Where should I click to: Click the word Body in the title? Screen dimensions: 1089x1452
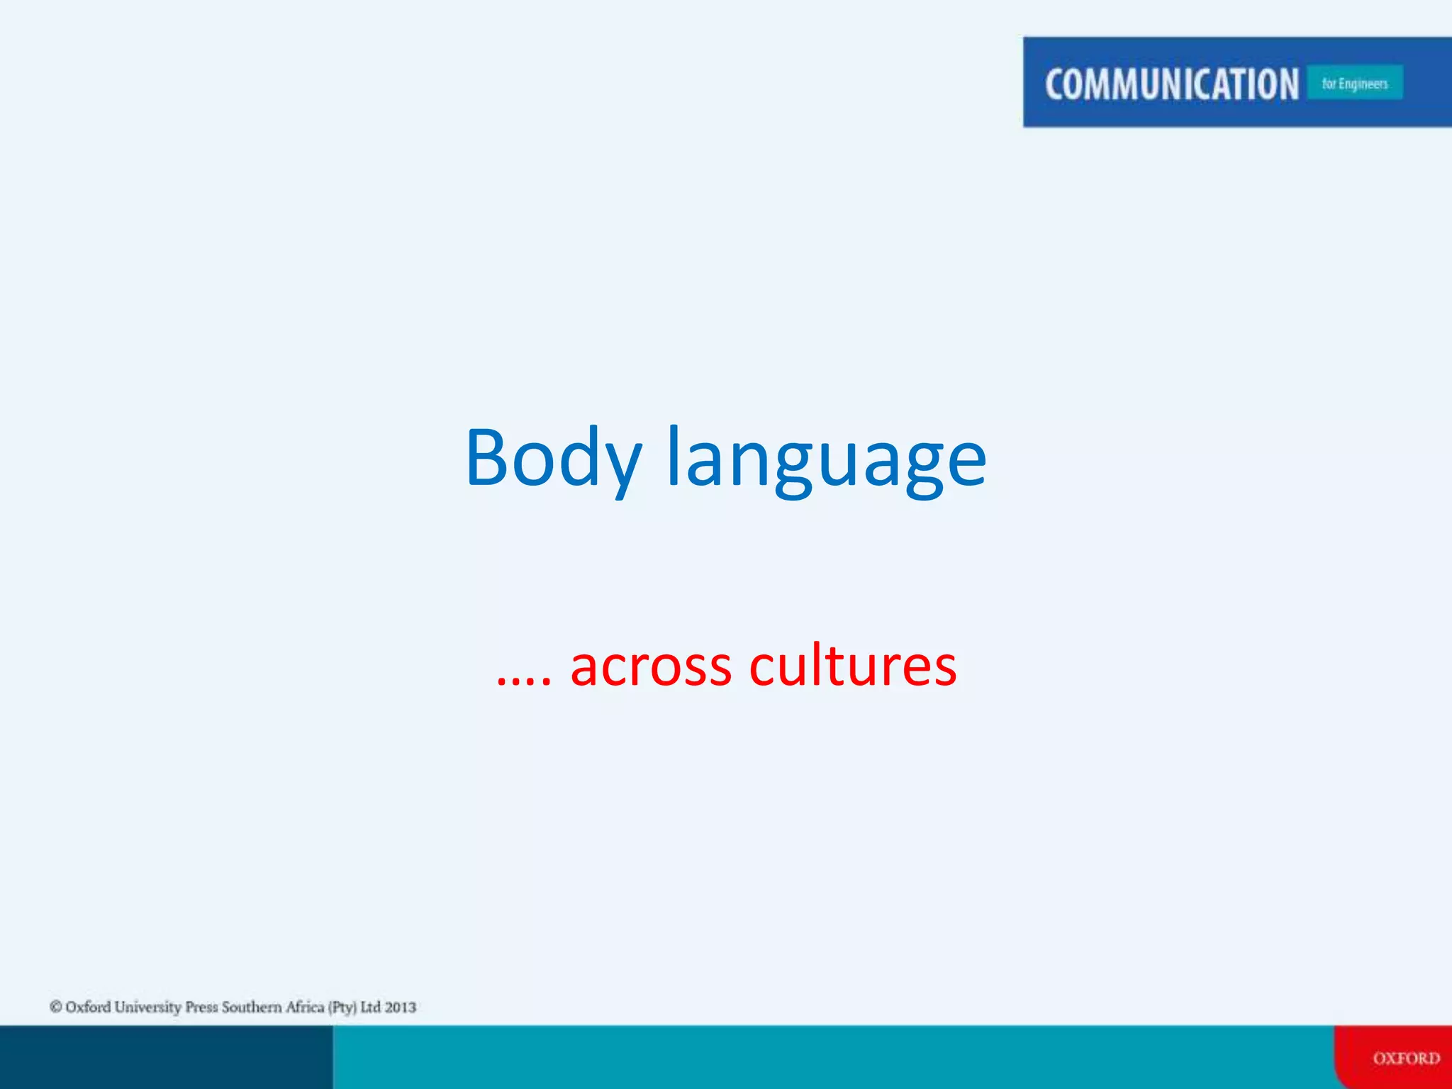click(x=553, y=459)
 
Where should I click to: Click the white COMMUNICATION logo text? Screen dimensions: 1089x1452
click(x=1171, y=84)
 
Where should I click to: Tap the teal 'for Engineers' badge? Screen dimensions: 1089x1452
click(x=1354, y=83)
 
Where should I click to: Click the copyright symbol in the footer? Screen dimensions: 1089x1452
click(x=56, y=1007)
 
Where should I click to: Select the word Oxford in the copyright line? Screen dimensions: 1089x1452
click(x=88, y=1007)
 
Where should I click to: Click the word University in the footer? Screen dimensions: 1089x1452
click(x=147, y=1007)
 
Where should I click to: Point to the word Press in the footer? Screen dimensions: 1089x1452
click(x=201, y=1007)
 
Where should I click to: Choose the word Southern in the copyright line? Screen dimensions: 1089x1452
click(x=252, y=1007)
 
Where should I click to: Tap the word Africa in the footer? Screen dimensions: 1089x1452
click(x=305, y=1007)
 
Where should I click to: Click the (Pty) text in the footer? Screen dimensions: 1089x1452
click(x=342, y=1007)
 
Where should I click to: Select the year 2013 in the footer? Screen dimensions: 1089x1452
click(x=401, y=1007)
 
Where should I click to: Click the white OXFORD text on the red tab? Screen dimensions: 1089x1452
click(x=1406, y=1059)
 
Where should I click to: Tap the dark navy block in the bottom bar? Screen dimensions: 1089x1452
click(x=166, y=1057)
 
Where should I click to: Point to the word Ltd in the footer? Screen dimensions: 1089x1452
click(x=371, y=1007)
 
